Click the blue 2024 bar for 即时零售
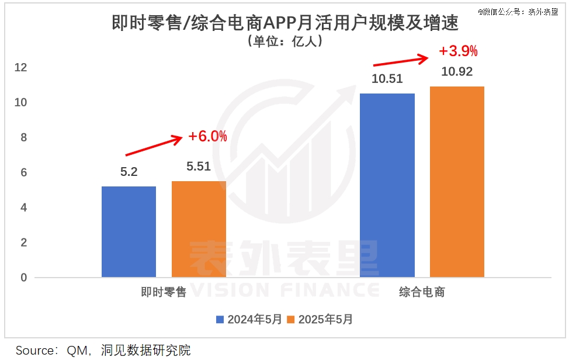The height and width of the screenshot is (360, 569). coord(129,231)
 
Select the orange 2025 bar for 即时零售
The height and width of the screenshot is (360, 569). coord(199,229)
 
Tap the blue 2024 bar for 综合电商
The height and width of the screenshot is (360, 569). coord(387,185)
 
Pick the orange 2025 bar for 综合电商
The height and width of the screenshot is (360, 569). coord(457,181)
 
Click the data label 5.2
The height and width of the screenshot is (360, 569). coord(129,172)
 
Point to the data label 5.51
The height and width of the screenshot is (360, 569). coord(199,167)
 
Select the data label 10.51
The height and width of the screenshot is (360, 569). coord(387,79)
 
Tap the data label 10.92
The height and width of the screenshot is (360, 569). coord(457,72)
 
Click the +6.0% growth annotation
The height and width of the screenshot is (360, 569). coord(207,136)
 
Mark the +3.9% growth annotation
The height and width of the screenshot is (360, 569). coord(458,51)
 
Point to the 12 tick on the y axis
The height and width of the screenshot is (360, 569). coord(20,68)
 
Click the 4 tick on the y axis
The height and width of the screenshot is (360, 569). coord(23,208)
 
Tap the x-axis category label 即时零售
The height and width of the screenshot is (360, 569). coord(164,292)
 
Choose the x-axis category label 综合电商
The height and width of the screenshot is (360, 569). coord(422,292)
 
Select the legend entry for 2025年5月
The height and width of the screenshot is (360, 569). coord(320,320)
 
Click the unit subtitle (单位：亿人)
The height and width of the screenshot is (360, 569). coord(284,41)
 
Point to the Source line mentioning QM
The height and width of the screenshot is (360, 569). coord(103,351)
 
